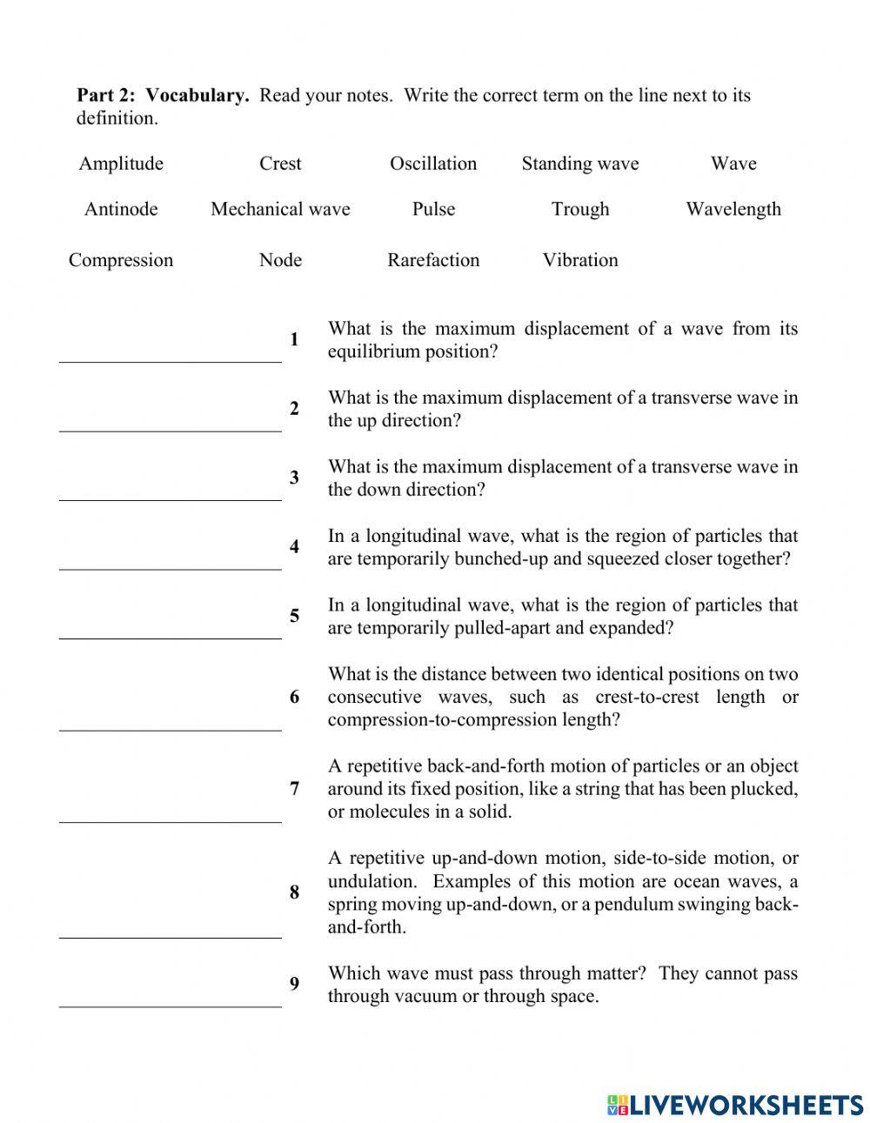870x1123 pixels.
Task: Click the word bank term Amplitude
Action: tap(121, 164)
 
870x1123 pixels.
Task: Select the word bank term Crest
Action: tap(280, 164)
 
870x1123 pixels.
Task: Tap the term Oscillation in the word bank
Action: tap(433, 164)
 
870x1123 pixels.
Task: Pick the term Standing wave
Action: tap(579, 164)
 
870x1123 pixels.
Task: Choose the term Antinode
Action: tap(121, 209)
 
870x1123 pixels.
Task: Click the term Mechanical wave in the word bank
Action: tap(280, 209)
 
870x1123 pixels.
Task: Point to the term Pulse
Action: tap(433, 209)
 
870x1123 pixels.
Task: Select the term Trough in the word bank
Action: tap(579, 209)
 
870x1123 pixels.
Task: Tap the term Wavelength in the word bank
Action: tap(733, 209)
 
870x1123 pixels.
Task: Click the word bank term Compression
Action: tap(121, 260)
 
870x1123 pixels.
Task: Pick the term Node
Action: tap(280, 260)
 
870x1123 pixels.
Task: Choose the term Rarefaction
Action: tap(433, 260)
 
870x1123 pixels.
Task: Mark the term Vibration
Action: tap(579, 260)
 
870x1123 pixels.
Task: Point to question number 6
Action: tap(295, 697)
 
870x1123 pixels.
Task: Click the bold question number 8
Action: tap(295, 892)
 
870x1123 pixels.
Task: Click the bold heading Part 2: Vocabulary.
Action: tap(163, 96)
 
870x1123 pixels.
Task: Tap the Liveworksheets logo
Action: tap(735, 1105)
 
